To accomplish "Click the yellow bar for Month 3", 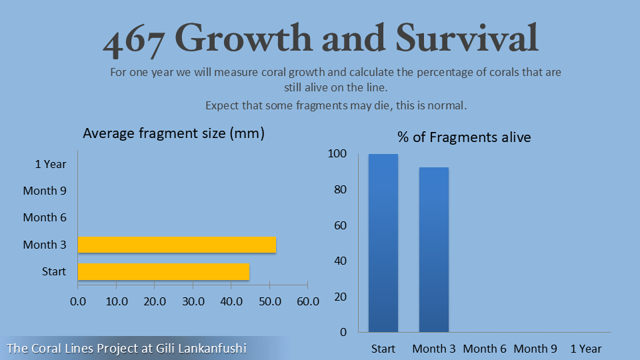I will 177,245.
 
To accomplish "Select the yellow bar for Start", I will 163,271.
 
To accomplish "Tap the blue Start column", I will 383,243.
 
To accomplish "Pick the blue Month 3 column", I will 434,249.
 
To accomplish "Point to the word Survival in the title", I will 467,39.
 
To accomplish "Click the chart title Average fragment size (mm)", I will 173,133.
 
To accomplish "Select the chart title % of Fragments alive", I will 464,137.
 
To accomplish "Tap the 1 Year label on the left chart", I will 51,163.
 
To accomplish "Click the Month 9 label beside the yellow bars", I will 45,191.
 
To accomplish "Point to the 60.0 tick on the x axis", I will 307,301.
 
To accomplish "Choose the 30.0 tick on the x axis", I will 193,301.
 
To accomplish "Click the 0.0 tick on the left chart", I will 78,301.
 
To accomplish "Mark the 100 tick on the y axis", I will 338,154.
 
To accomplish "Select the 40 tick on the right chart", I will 340,261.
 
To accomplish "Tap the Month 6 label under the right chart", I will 485,349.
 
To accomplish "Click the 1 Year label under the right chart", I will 585,349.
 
